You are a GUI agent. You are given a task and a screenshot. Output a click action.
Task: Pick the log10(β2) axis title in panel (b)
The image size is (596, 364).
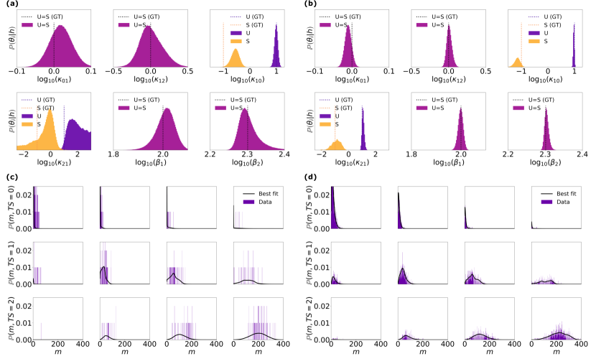tap(546, 163)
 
